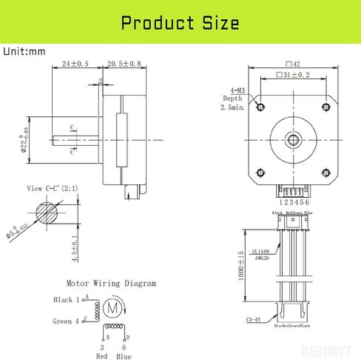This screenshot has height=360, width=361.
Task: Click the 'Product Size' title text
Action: [x=180, y=23]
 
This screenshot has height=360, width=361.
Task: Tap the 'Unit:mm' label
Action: [x=25, y=52]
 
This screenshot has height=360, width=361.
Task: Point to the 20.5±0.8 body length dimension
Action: [x=124, y=64]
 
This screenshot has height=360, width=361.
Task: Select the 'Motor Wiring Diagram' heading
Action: [x=111, y=283]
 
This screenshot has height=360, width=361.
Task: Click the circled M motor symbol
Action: [x=112, y=307]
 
